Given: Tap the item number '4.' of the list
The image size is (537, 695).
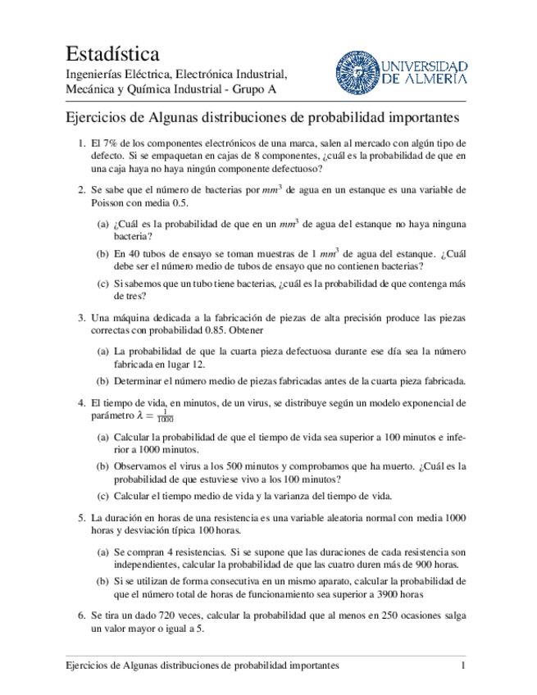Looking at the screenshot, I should click(x=82, y=403).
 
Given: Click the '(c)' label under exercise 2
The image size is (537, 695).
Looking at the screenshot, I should click(x=102, y=284).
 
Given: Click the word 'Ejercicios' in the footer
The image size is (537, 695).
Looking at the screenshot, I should click(x=90, y=666).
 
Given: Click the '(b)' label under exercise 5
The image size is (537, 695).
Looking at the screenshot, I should click(x=102, y=581).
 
